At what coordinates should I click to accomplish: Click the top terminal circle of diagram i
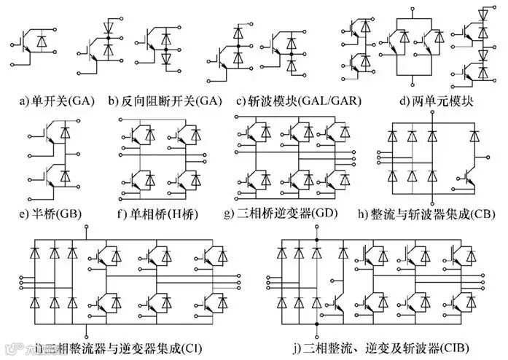pyautogui.click(x=88, y=229)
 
